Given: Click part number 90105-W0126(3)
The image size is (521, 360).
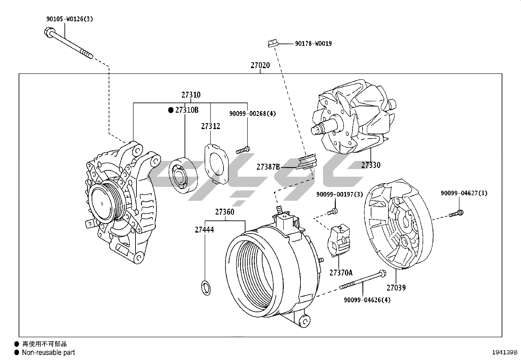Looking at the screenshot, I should (x=69, y=19).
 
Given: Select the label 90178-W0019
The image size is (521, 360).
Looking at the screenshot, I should (x=313, y=44).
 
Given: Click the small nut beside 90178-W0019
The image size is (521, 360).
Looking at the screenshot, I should (x=272, y=43).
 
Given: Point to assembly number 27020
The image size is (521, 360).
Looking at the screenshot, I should (x=260, y=65).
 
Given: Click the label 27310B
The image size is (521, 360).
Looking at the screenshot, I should (x=187, y=110).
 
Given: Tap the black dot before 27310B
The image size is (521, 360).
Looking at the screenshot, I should (x=171, y=110).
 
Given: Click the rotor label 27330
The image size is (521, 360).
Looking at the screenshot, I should (x=371, y=165).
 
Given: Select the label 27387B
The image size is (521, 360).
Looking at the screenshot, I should (x=268, y=167).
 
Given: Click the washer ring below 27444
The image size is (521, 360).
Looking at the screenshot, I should (x=205, y=287).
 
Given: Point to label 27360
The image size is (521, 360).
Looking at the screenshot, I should (x=225, y=212).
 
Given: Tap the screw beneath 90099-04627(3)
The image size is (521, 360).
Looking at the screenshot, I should (x=455, y=214).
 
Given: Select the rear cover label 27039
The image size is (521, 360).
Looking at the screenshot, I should (x=396, y=288).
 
